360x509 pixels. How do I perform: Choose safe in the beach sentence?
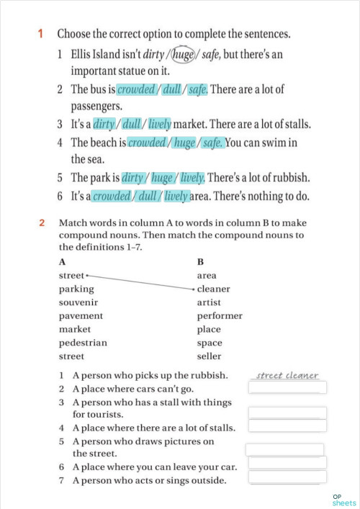[x=212, y=143]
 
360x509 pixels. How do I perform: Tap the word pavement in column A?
[x=81, y=315]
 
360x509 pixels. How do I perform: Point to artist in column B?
[x=209, y=302]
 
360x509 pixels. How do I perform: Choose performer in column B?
[x=220, y=315]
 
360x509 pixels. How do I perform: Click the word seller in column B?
[x=209, y=356]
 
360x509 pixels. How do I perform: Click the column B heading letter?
[x=200, y=262]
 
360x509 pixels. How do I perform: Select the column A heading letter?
[x=63, y=262]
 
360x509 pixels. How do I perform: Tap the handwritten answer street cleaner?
[x=287, y=375]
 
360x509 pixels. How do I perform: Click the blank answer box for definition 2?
[x=287, y=388]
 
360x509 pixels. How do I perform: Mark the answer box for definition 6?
[x=287, y=463]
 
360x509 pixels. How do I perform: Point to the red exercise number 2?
[x=42, y=222]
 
